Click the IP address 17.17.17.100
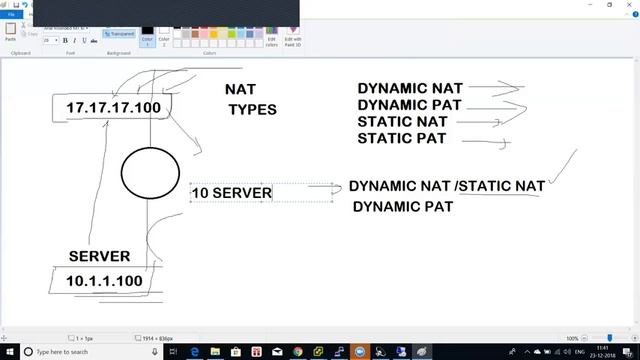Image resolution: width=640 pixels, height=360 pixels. pyautogui.click(x=112, y=107)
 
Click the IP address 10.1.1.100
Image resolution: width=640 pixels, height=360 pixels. pyautogui.click(x=104, y=281)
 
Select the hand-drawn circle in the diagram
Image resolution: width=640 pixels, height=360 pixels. pyautogui.click(x=150, y=173)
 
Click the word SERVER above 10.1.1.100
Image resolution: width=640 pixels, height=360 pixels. pyautogui.click(x=99, y=256)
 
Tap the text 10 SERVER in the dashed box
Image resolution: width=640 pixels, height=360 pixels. pyautogui.click(x=231, y=192)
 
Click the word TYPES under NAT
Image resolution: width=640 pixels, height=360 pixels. pyautogui.click(x=252, y=109)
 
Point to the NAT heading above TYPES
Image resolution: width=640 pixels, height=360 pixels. pyautogui.click(x=240, y=89)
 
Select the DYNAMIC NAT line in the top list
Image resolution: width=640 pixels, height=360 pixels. pyautogui.click(x=410, y=88)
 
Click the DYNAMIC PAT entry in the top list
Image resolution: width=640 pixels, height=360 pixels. pyautogui.click(x=409, y=105)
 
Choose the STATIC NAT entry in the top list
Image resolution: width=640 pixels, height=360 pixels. pyautogui.click(x=401, y=122)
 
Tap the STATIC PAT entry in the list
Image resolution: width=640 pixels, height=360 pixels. pyautogui.click(x=401, y=138)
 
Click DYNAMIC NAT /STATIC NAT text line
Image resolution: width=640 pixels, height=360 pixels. pyautogui.click(x=446, y=186)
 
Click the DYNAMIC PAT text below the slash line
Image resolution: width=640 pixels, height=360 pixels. pyautogui.click(x=402, y=206)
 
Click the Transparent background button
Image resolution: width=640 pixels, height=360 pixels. pyautogui.click(x=120, y=33)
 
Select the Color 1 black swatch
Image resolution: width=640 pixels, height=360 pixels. pyautogui.click(x=148, y=36)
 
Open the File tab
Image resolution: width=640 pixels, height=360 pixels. pyautogui.click(x=11, y=15)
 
